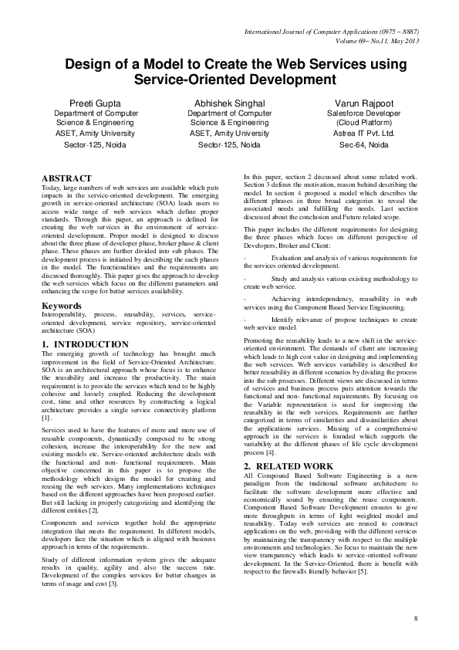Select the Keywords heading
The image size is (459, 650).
click(x=62, y=306)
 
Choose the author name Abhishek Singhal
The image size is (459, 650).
click(x=229, y=103)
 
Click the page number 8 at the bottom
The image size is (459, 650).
click(x=415, y=619)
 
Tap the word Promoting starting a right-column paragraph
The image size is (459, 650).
click(x=261, y=340)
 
